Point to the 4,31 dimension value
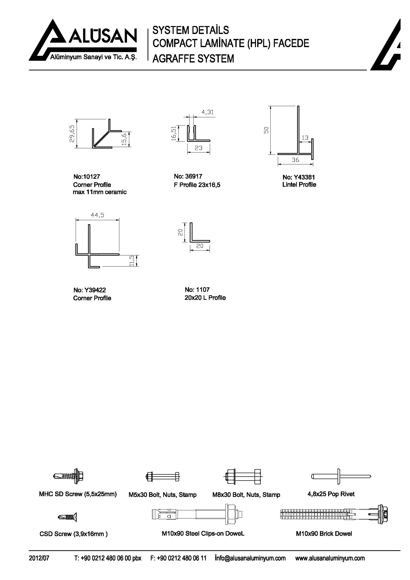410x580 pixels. pos(208,112)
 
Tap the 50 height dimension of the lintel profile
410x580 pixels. pos(266,130)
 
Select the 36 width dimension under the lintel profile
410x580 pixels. pos(295,160)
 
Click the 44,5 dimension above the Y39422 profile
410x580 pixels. pos(97,215)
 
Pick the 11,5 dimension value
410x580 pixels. pos(131,260)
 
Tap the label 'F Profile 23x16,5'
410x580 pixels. pos(197,185)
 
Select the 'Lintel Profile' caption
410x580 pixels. pos(299,185)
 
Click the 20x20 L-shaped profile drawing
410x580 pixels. pos(200,232)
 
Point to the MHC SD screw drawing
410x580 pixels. pos(68,476)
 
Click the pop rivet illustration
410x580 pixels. pos(341,476)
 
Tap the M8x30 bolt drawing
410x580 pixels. pos(243,476)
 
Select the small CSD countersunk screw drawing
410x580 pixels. pos(67,517)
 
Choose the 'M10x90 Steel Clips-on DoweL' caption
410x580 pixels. pos(203,534)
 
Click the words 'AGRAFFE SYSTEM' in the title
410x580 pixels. pos(193,59)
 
